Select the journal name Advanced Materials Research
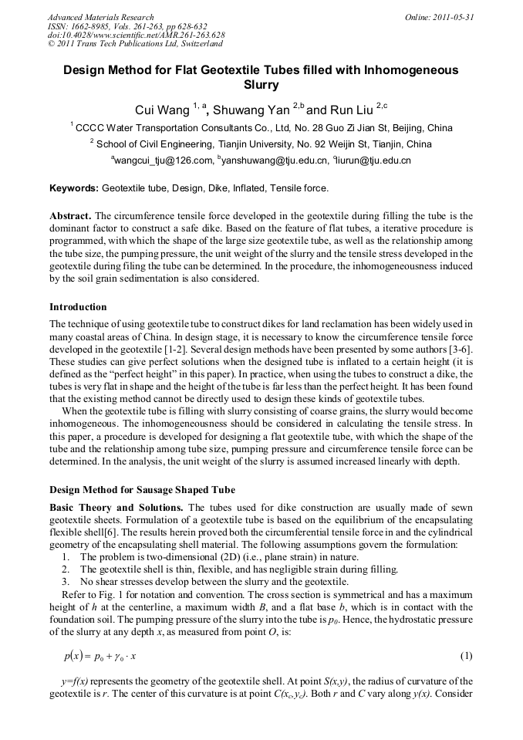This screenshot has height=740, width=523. click(100, 16)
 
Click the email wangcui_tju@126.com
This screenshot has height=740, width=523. click(164, 161)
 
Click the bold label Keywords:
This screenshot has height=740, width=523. click(74, 188)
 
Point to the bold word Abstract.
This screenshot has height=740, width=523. click(70, 216)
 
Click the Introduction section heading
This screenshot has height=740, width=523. click(78, 307)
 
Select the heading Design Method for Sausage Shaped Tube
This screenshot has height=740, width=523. click(142, 490)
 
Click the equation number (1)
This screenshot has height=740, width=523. click(465, 656)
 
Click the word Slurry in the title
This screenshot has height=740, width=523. click(261, 84)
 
